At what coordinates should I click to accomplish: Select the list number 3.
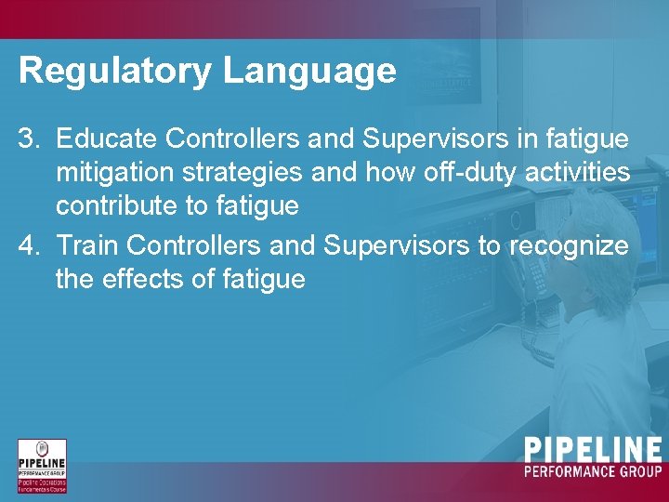click(x=29, y=139)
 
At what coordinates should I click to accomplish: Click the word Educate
click(x=107, y=139)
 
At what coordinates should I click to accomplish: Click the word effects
click(x=141, y=279)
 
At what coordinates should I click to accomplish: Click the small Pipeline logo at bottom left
click(x=42, y=466)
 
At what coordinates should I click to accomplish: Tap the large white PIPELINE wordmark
click(x=593, y=451)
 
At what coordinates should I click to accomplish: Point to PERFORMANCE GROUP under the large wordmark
click(x=593, y=472)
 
